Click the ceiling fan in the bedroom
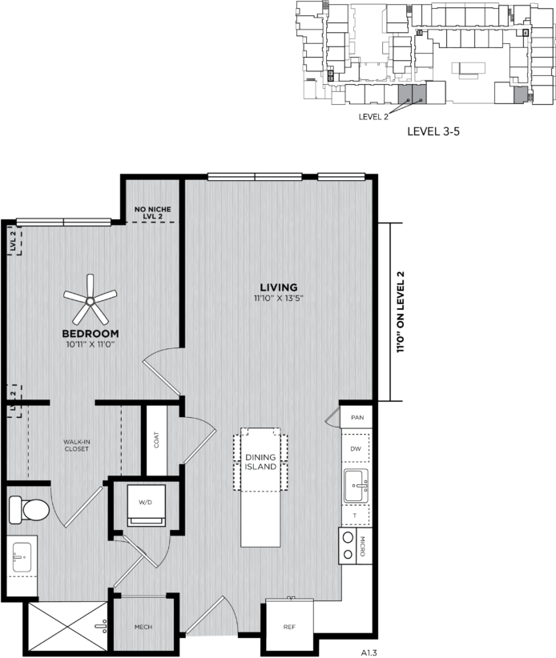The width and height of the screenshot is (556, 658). (90, 300)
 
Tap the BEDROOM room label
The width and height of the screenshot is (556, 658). (91, 333)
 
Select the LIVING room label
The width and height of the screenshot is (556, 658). (278, 287)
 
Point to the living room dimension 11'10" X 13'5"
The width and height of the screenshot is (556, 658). (278, 299)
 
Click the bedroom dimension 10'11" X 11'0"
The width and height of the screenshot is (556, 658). (91, 344)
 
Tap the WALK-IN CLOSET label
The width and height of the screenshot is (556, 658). (78, 445)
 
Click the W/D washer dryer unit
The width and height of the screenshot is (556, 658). (146, 506)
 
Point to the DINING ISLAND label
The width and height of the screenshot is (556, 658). (261, 462)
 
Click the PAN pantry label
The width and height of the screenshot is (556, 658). (357, 418)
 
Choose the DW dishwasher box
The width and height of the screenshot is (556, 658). (356, 449)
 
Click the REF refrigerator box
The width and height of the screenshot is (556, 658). (289, 627)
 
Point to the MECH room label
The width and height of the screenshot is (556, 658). (143, 627)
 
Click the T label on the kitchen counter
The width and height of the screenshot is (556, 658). (356, 516)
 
